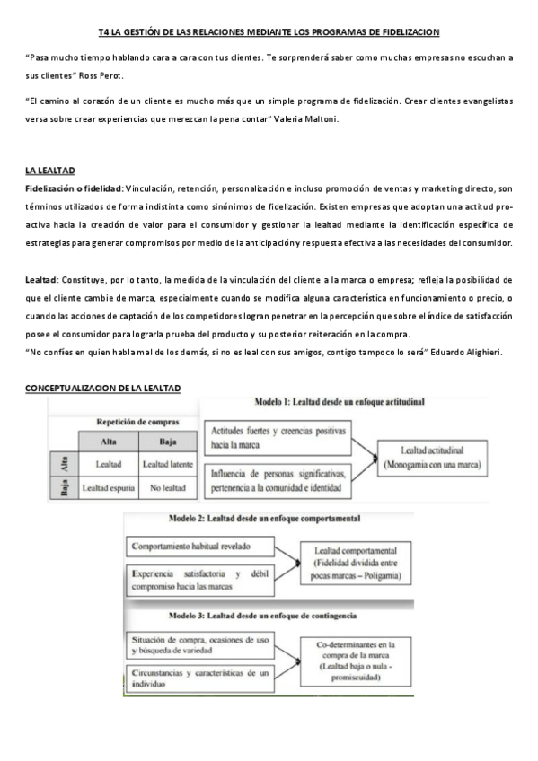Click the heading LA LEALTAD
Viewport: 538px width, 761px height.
click(49, 170)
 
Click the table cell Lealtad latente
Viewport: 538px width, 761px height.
click(167, 464)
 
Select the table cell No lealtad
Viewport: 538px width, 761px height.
click(167, 489)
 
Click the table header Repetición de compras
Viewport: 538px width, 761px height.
click(137, 421)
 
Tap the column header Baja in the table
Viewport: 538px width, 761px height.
click(167, 441)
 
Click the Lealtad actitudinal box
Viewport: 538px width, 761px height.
click(431, 459)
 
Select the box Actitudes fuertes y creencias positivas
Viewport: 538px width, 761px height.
click(275, 437)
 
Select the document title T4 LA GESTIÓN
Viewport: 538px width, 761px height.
click(269, 31)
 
